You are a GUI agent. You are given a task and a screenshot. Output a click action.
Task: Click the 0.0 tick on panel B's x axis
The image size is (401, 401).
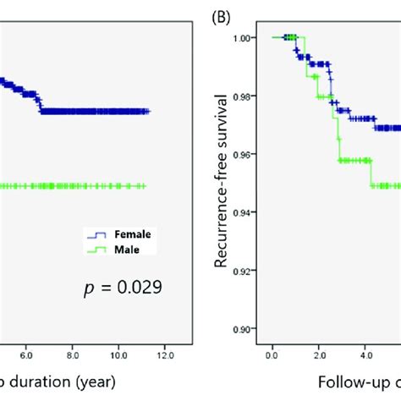click(x=272, y=346)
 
